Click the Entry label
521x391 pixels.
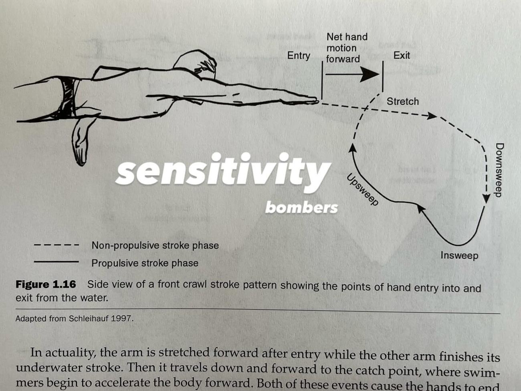click(x=299, y=56)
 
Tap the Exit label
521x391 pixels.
click(x=402, y=55)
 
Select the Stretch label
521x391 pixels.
click(x=402, y=102)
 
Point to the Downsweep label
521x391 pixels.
click(x=500, y=170)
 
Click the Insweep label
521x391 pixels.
click(x=459, y=256)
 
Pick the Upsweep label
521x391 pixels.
click(x=362, y=189)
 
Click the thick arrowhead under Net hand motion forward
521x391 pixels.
click(x=370, y=74)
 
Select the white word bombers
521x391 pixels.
click(x=301, y=208)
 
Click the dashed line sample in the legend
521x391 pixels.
click(x=56, y=245)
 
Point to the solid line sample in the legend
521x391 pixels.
click(x=56, y=262)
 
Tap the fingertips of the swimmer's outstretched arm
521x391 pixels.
click(x=315, y=101)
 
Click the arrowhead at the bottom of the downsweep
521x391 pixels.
click(x=486, y=198)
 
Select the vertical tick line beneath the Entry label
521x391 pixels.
click(x=322, y=80)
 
